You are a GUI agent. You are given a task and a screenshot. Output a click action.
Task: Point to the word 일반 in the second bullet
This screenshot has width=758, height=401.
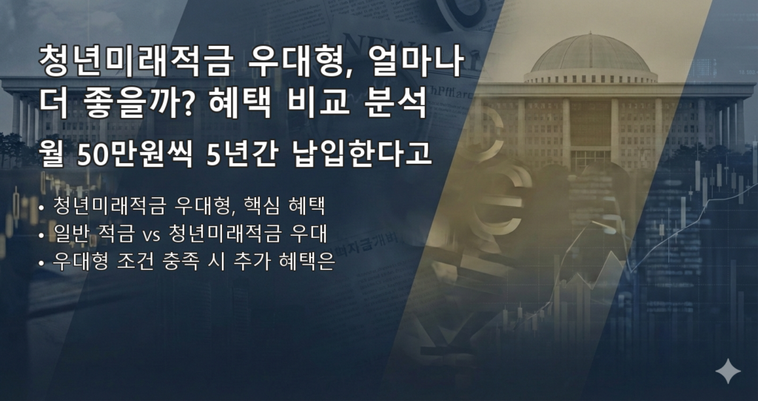coord(70,235)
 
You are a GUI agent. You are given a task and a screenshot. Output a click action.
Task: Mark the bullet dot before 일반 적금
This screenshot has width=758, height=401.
coord(41,236)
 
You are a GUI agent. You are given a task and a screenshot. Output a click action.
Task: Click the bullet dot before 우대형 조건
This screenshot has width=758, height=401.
coord(41,264)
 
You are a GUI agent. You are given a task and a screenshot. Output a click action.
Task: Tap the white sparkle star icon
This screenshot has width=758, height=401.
coord(728,371)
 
